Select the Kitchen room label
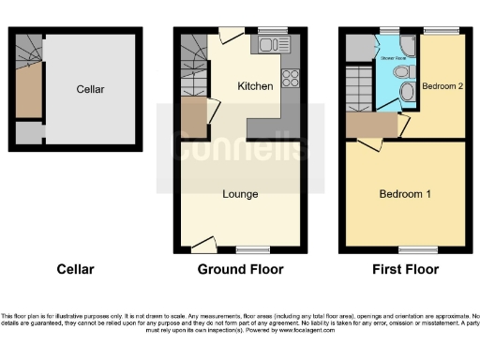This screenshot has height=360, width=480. point(255,86)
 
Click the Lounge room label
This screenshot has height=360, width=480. point(240,194)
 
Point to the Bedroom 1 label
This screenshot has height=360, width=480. point(405,194)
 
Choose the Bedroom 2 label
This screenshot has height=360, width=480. point(438,86)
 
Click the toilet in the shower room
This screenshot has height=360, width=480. point(401,71)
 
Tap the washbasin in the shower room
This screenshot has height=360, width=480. point(407,92)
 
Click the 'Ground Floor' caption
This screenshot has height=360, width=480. point(240,269)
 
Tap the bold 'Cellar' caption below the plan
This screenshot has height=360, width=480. point(75,269)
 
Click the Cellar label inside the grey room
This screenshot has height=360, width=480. point(90,89)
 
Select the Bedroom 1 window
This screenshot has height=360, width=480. point(412,249)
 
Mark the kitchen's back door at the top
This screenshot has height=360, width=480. point(229,36)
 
